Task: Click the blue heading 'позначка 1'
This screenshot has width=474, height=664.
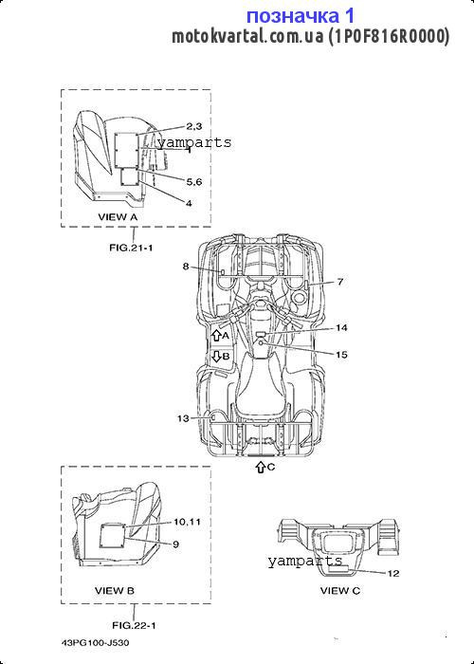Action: [x=301, y=16]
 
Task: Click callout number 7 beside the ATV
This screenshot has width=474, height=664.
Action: [x=340, y=281]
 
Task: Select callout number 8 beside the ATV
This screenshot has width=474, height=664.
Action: [x=186, y=267]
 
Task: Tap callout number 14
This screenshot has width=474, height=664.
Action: [x=341, y=328]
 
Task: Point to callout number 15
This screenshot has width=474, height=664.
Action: [x=341, y=355]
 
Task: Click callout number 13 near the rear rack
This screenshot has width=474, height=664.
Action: [x=183, y=418]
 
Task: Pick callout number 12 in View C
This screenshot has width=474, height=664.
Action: [x=393, y=573]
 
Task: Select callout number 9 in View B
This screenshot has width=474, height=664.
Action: [x=175, y=544]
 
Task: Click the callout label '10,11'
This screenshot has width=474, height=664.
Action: [x=187, y=522]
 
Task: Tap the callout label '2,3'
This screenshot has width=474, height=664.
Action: [x=194, y=126]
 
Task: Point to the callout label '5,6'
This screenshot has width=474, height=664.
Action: [x=194, y=182]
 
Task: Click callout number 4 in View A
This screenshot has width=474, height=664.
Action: [x=189, y=203]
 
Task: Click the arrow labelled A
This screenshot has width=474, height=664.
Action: [x=216, y=336]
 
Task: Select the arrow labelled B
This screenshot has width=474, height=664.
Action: [x=216, y=356]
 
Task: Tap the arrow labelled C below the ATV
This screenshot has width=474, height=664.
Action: [x=261, y=467]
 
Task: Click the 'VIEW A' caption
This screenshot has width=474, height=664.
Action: [x=118, y=217]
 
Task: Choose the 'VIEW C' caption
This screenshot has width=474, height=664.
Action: [x=340, y=590]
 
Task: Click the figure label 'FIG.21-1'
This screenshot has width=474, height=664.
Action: [x=131, y=248]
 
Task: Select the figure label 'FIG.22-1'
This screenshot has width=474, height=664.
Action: [x=134, y=625]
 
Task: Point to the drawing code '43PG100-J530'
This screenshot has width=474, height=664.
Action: [x=96, y=643]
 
